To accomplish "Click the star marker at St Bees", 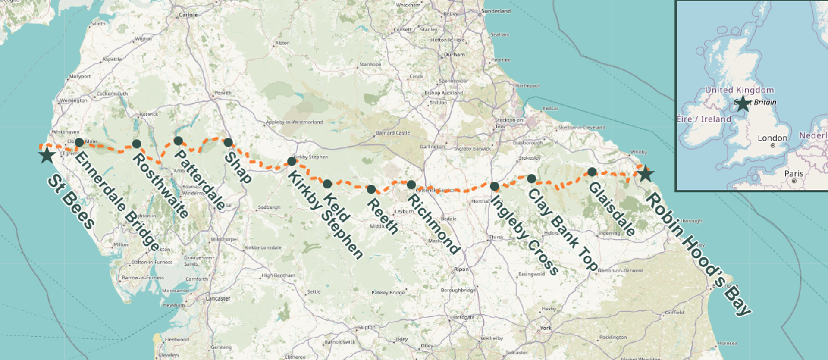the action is [x=47, y=155].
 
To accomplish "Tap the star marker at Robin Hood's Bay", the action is [x=646, y=174].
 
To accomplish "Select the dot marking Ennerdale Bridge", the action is [x=79, y=142].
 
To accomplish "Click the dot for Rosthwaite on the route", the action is [x=137, y=144].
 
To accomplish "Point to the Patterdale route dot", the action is [x=178, y=141].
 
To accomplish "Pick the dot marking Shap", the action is [x=228, y=142].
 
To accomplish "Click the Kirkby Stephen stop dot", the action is [x=292, y=162].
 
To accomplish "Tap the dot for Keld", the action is [x=327, y=184].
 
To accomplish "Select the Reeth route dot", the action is [x=371, y=189].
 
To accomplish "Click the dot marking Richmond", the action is [x=411, y=185].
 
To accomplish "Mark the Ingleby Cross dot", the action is [x=495, y=186].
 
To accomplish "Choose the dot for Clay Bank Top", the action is [x=532, y=178].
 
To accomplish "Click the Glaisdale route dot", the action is [x=592, y=172].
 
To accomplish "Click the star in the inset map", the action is [x=743, y=103].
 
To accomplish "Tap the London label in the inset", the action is [x=772, y=138].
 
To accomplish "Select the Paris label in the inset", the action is [x=793, y=173].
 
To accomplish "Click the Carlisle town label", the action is [x=188, y=15].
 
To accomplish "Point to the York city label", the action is [x=546, y=328].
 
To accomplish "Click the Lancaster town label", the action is [x=218, y=298].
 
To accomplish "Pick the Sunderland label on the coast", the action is [x=496, y=11].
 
